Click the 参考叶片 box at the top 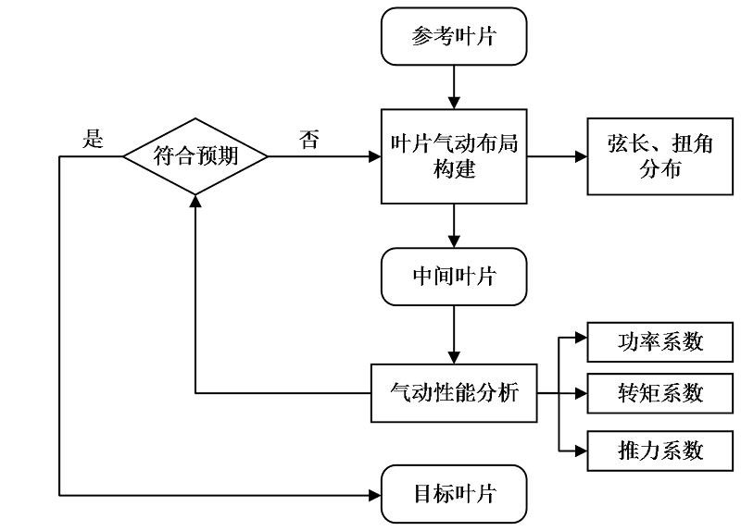(454, 37)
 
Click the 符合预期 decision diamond (195, 155)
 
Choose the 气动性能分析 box (454, 393)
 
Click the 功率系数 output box (660, 341)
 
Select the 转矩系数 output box (660, 393)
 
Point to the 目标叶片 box (454, 493)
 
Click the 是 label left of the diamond (93, 140)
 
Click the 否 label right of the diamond (309, 140)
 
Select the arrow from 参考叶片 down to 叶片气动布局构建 (454, 85)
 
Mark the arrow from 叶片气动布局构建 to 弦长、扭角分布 (557, 156)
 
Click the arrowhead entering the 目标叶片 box (375, 493)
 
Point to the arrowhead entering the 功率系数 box (581, 341)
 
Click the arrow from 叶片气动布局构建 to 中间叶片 (454, 227)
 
